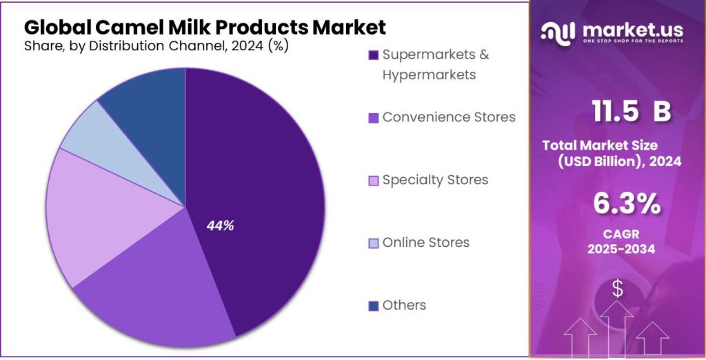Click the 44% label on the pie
tap(221, 226)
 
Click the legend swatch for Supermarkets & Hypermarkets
tap(374, 55)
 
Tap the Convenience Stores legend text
tap(449, 117)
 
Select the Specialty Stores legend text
tap(435, 180)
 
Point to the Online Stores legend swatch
tap(374, 243)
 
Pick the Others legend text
tap(404, 305)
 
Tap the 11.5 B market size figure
tap(631, 112)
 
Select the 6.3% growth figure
tap(627, 204)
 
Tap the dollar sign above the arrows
tap(617, 289)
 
